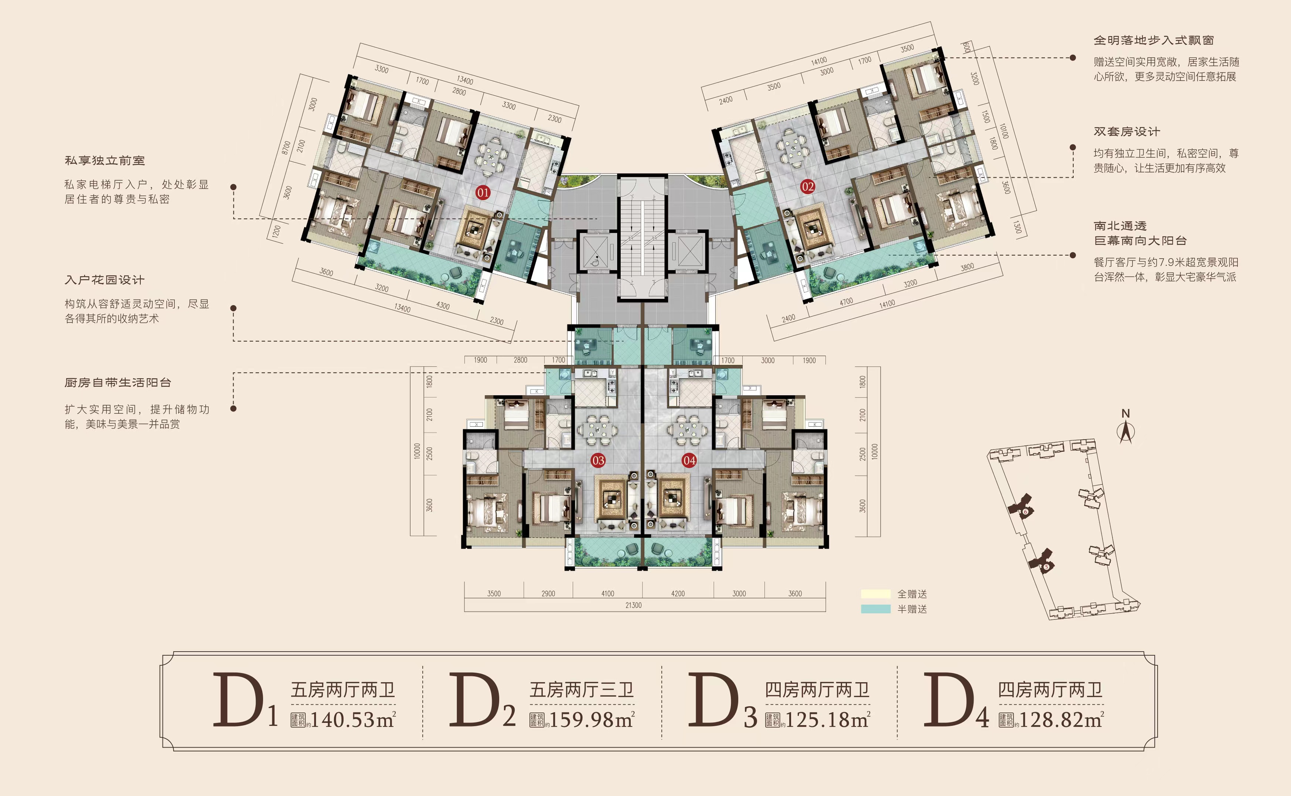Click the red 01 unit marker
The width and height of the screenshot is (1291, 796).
pyautogui.click(x=483, y=193)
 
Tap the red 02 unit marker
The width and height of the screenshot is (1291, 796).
pyautogui.click(x=808, y=187)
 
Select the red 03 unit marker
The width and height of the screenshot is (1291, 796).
pyautogui.click(x=598, y=461)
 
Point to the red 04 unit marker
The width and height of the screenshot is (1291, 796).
pyautogui.click(x=689, y=461)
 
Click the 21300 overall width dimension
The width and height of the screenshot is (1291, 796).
pyautogui.click(x=633, y=605)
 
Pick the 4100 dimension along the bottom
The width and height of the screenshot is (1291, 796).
pyautogui.click(x=607, y=593)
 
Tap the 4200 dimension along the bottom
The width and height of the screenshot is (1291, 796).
pyautogui.click(x=678, y=593)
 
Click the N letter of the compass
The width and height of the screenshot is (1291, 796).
pyautogui.click(x=1126, y=413)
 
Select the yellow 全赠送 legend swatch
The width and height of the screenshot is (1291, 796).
pyautogui.click(x=876, y=594)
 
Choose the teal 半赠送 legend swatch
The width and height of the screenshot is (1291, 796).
pyautogui.click(x=876, y=609)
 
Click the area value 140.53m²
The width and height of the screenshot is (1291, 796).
pyautogui.click(x=353, y=720)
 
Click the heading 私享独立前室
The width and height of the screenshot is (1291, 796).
pyautogui.click(x=105, y=161)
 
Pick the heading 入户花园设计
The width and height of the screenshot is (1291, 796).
pyautogui.click(x=105, y=280)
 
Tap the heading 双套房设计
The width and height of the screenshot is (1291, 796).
pyautogui.click(x=1127, y=131)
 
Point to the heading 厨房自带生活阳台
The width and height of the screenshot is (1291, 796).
pyautogui.click(x=118, y=383)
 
